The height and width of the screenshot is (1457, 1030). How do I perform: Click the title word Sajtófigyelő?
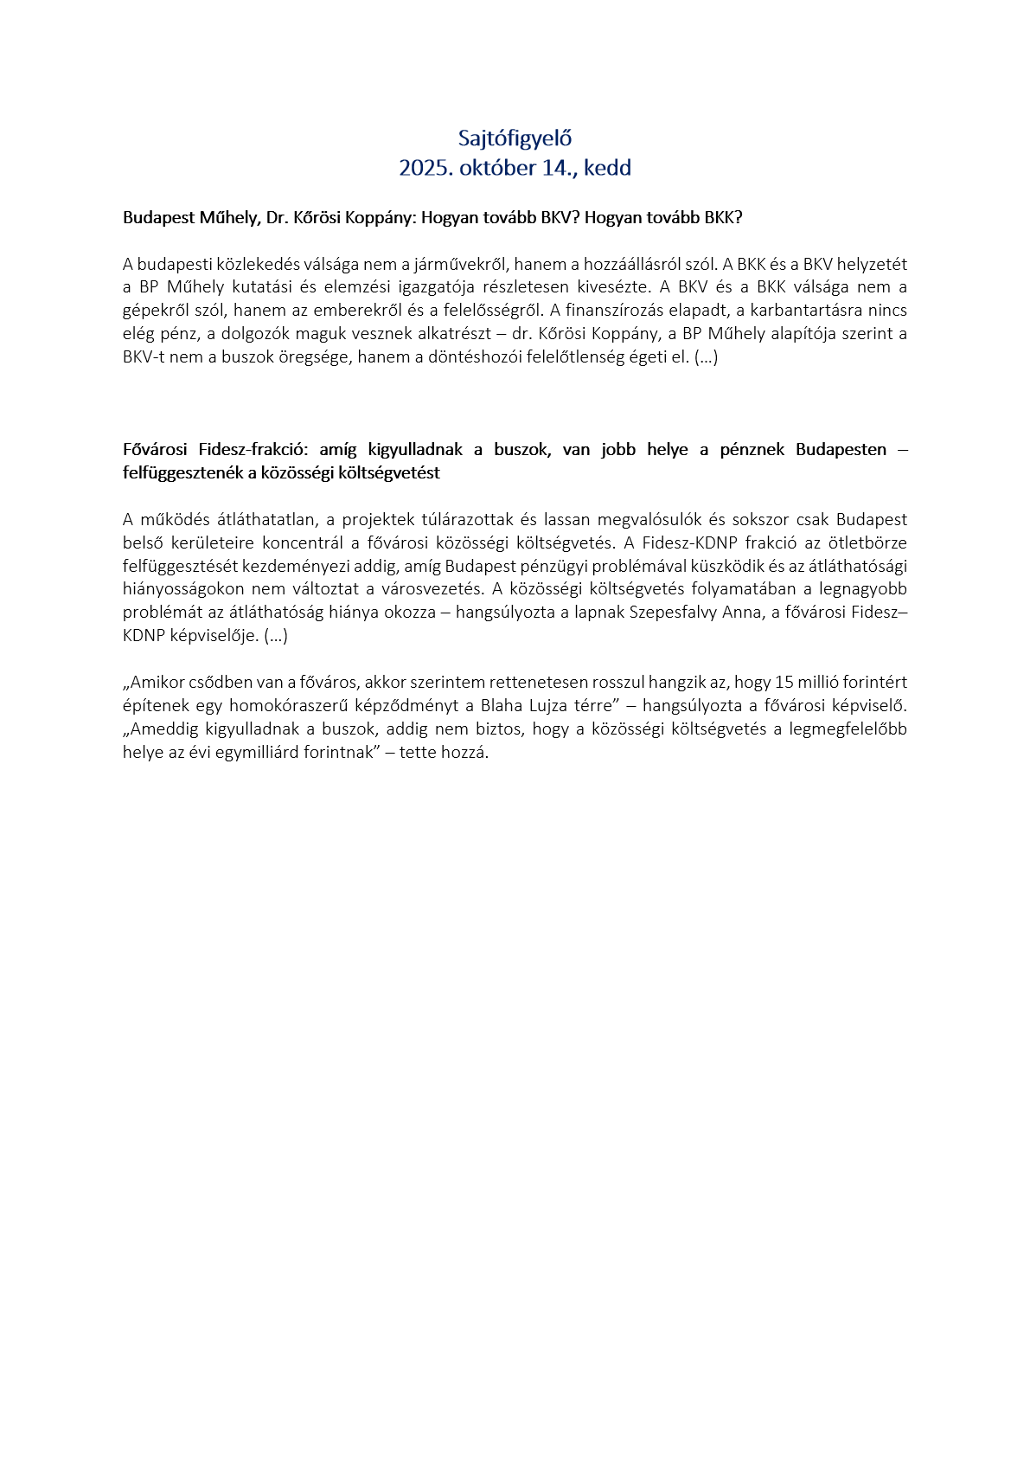pyautogui.click(x=515, y=138)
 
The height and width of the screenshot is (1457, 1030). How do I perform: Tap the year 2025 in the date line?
pyautogui.click(x=421, y=168)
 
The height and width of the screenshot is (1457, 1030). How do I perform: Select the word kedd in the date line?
pyautogui.click(x=607, y=168)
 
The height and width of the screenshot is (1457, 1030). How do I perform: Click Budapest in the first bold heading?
pyautogui.click(x=159, y=217)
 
